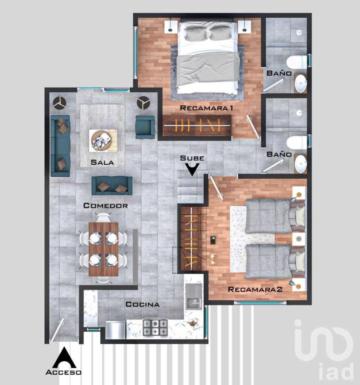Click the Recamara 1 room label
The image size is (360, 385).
click(x=207, y=108)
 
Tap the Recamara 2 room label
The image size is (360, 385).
click(x=255, y=290)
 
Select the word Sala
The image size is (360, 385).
click(x=102, y=163)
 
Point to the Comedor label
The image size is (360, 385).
click(x=106, y=206)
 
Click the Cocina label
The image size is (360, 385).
click(x=142, y=304)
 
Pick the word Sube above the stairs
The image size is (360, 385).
click(x=192, y=158)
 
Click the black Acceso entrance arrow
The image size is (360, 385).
click(x=64, y=358)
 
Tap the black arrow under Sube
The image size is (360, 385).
click(x=192, y=170)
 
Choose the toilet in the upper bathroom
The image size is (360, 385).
click(x=296, y=62)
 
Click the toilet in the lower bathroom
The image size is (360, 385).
click(x=296, y=142)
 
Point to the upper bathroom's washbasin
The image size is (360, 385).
click(x=301, y=83)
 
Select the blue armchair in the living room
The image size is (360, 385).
click(x=145, y=127)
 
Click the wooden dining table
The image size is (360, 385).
click(x=103, y=249)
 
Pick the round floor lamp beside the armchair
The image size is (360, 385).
click(x=143, y=103)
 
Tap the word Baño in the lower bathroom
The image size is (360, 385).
click(x=279, y=154)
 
